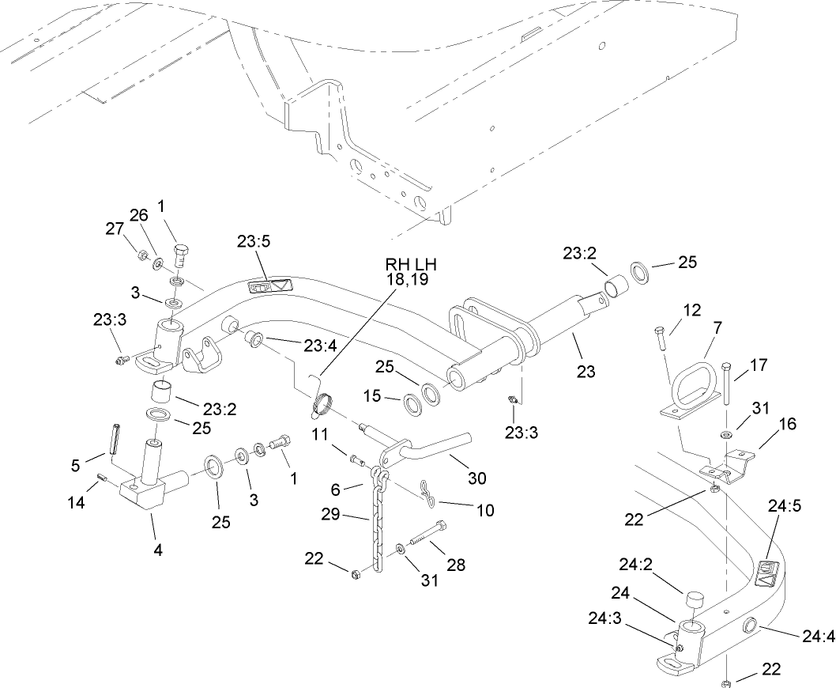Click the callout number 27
click(114, 229)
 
